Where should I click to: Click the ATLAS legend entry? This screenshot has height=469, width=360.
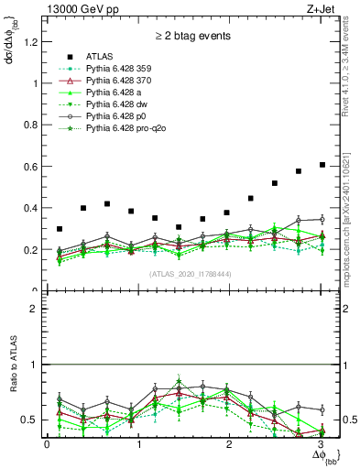click(102, 57)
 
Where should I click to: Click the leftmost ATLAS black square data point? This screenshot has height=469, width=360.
click(60, 229)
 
